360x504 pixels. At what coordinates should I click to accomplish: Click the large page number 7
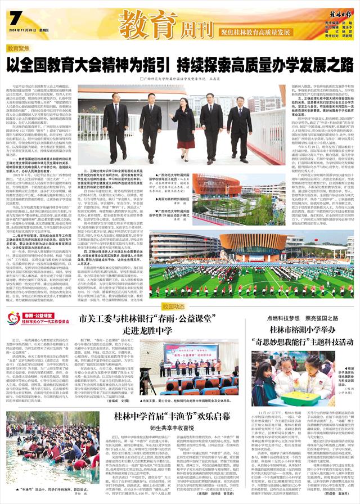pos(14,19)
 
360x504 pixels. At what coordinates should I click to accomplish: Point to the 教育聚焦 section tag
pos(20,49)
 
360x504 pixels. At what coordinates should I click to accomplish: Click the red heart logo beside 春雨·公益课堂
pos(13,319)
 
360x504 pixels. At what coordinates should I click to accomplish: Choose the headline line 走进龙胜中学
pos(141,330)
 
